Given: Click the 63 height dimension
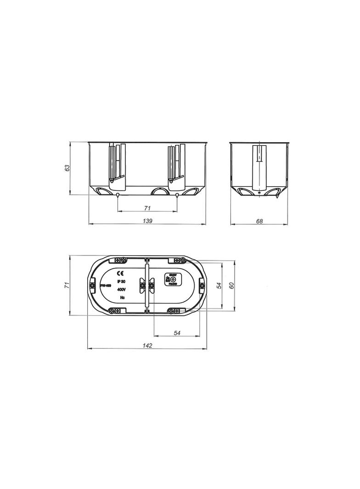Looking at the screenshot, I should tap(67, 168).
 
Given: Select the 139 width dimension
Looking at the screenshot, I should tap(147, 221).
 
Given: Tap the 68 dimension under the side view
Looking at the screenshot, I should tap(259, 221).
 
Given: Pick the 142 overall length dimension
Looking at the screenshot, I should tap(147, 345).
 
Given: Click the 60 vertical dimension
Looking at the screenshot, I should tap(232, 285).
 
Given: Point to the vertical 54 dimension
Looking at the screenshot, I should tap(219, 285).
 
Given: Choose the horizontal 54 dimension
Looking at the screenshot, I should tap(177, 333).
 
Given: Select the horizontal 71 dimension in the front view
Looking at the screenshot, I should tap(147, 208).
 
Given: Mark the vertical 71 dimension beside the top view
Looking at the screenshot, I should tap(67, 285).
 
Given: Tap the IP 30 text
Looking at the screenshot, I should tap(122, 281).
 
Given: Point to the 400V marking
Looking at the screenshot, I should tap(122, 289).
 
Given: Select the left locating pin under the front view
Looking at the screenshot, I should tap(118, 196).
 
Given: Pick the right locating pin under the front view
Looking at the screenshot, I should tap(177, 196).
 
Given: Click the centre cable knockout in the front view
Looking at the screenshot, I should tap(160, 191).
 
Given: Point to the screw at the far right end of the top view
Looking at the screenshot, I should tap(202, 286).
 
